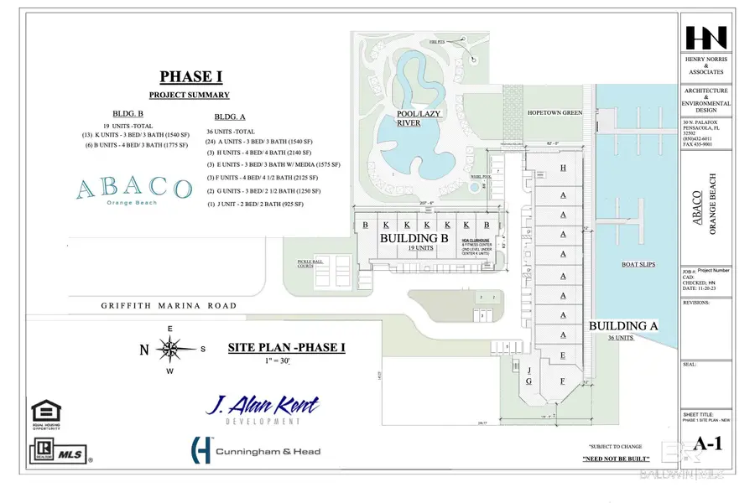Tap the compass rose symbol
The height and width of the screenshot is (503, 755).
pyautogui.click(x=170, y=349)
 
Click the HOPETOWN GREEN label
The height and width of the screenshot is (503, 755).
pyautogui.click(x=555, y=112)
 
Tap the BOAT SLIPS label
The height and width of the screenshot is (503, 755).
pyautogui.click(x=637, y=266)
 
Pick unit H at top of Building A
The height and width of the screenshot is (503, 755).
pyautogui.click(x=563, y=169)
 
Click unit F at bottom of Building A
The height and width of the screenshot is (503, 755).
pyautogui.click(x=562, y=381)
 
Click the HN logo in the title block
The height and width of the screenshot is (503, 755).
pyautogui.click(x=706, y=39)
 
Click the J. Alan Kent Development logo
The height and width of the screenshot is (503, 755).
pyautogui.click(x=263, y=408)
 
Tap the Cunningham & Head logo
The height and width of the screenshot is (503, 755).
pyautogui.click(x=256, y=451)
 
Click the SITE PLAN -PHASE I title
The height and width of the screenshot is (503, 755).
pyautogui.click(x=286, y=347)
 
